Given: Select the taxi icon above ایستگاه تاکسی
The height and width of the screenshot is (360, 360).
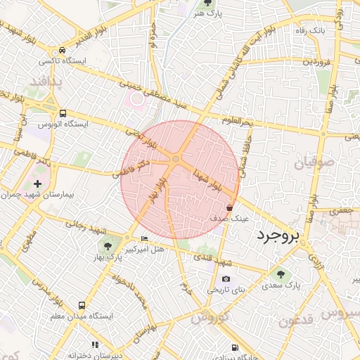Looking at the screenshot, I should click(x=63, y=51).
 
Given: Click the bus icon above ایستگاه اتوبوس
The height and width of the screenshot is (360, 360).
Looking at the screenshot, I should click(x=63, y=112).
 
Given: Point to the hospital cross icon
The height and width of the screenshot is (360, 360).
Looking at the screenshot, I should click(x=38, y=184).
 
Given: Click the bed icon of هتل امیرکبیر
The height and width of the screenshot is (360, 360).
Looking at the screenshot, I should click(x=145, y=239).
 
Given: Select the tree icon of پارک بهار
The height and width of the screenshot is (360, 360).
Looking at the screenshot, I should click(x=107, y=245).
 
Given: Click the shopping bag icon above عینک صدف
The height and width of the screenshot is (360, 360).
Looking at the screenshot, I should click(x=231, y=207).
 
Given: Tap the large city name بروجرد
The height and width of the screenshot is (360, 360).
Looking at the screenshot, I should click(x=278, y=235).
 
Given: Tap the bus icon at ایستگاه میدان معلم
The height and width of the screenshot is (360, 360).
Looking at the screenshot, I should click(x=82, y=306).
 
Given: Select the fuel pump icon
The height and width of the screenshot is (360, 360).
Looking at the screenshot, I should click(x=233, y=348).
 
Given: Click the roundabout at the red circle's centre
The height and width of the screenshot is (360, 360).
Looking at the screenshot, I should click(x=175, y=162).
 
